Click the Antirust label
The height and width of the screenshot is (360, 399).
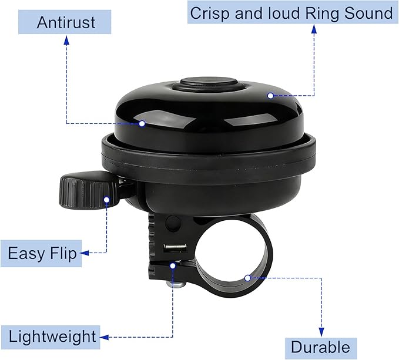click(65, 22)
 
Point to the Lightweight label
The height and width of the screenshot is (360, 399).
click(51, 337)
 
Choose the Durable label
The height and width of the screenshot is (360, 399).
click(321, 347)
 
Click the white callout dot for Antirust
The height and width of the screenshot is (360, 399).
click(142, 123)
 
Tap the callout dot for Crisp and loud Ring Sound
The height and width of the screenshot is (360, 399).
click(270, 96)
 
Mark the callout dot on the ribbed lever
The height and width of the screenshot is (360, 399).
click(107, 200)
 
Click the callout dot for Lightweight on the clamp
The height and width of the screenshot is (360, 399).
click(173, 266)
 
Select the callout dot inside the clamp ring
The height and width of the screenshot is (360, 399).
click(247, 278)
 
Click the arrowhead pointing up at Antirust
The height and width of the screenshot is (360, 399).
click(66, 40)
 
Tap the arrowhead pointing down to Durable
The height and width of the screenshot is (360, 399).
click(321, 332)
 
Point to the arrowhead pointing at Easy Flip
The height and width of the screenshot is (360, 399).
click(85, 253)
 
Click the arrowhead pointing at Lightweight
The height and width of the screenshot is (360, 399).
click(105, 337)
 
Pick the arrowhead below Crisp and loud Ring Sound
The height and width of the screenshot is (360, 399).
click(314, 29)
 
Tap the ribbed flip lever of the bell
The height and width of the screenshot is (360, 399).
click(87, 190)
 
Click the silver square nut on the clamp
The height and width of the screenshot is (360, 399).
click(175, 248)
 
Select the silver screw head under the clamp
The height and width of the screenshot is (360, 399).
click(175, 284)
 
